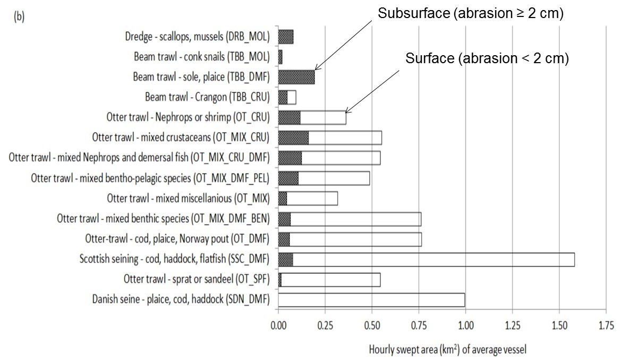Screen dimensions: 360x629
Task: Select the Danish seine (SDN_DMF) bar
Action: coord(371,299)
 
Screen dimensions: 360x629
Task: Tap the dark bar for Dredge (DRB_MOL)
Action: coord(286,37)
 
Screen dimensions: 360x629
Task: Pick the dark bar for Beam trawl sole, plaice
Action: coord(296,77)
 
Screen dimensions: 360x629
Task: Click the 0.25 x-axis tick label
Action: coord(325,325)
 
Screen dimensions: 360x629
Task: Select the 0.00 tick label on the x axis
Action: coord(278,325)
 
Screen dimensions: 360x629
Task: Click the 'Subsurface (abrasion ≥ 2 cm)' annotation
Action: coord(470,14)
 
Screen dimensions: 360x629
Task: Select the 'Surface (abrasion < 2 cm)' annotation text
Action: coord(487,58)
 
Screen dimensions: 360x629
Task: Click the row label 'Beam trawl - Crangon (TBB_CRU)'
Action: coord(207,97)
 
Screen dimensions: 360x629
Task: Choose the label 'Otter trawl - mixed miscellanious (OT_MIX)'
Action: coord(189,198)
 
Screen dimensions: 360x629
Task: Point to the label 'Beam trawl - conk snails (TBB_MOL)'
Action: coord(202,57)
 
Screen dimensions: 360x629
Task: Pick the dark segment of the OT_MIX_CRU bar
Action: coord(293,138)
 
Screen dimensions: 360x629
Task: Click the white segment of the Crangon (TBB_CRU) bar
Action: coord(292,97)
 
